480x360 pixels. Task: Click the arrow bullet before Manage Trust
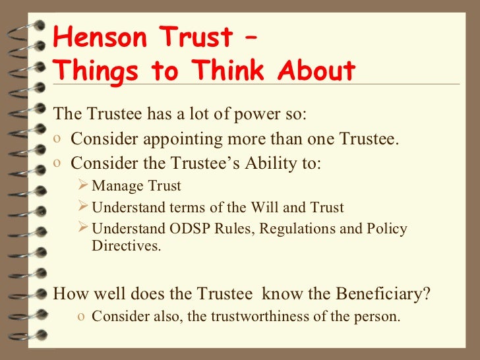[x=83, y=186]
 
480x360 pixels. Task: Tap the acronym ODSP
[x=177, y=229]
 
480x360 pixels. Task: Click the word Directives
[x=125, y=247]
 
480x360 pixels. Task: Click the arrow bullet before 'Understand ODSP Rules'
[x=83, y=229]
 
